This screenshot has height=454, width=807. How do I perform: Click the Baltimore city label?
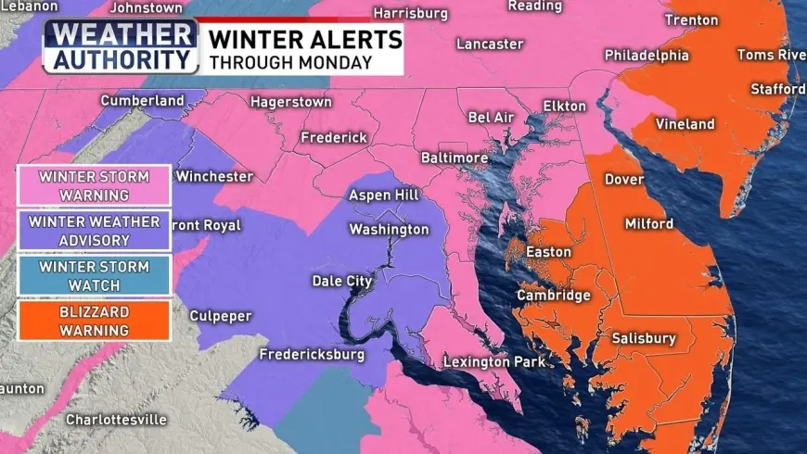pos(455,158)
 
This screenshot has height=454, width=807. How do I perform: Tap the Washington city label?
pos(389,230)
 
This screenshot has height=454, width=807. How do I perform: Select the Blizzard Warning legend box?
pos(94,320)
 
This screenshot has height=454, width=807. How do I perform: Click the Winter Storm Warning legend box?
pos(94,185)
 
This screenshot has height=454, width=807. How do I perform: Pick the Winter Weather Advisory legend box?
pos(94,231)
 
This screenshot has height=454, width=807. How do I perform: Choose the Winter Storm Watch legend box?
pos(94,275)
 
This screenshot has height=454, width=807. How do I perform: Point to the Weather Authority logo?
pos(121,45)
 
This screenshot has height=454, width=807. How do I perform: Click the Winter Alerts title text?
pos(305,39)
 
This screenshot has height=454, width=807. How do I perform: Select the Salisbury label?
pos(644,339)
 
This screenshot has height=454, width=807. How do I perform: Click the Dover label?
pos(624,180)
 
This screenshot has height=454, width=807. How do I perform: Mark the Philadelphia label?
pos(647,56)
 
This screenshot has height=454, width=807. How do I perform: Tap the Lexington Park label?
pos(494,361)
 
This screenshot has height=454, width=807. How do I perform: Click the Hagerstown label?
pos(290,102)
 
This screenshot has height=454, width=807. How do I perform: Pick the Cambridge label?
pos(553,296)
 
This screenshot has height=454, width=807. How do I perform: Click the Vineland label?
pos(685,124)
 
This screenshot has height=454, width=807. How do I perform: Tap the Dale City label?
pos(341,281)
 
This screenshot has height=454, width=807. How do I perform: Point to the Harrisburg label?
pos(410,14)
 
